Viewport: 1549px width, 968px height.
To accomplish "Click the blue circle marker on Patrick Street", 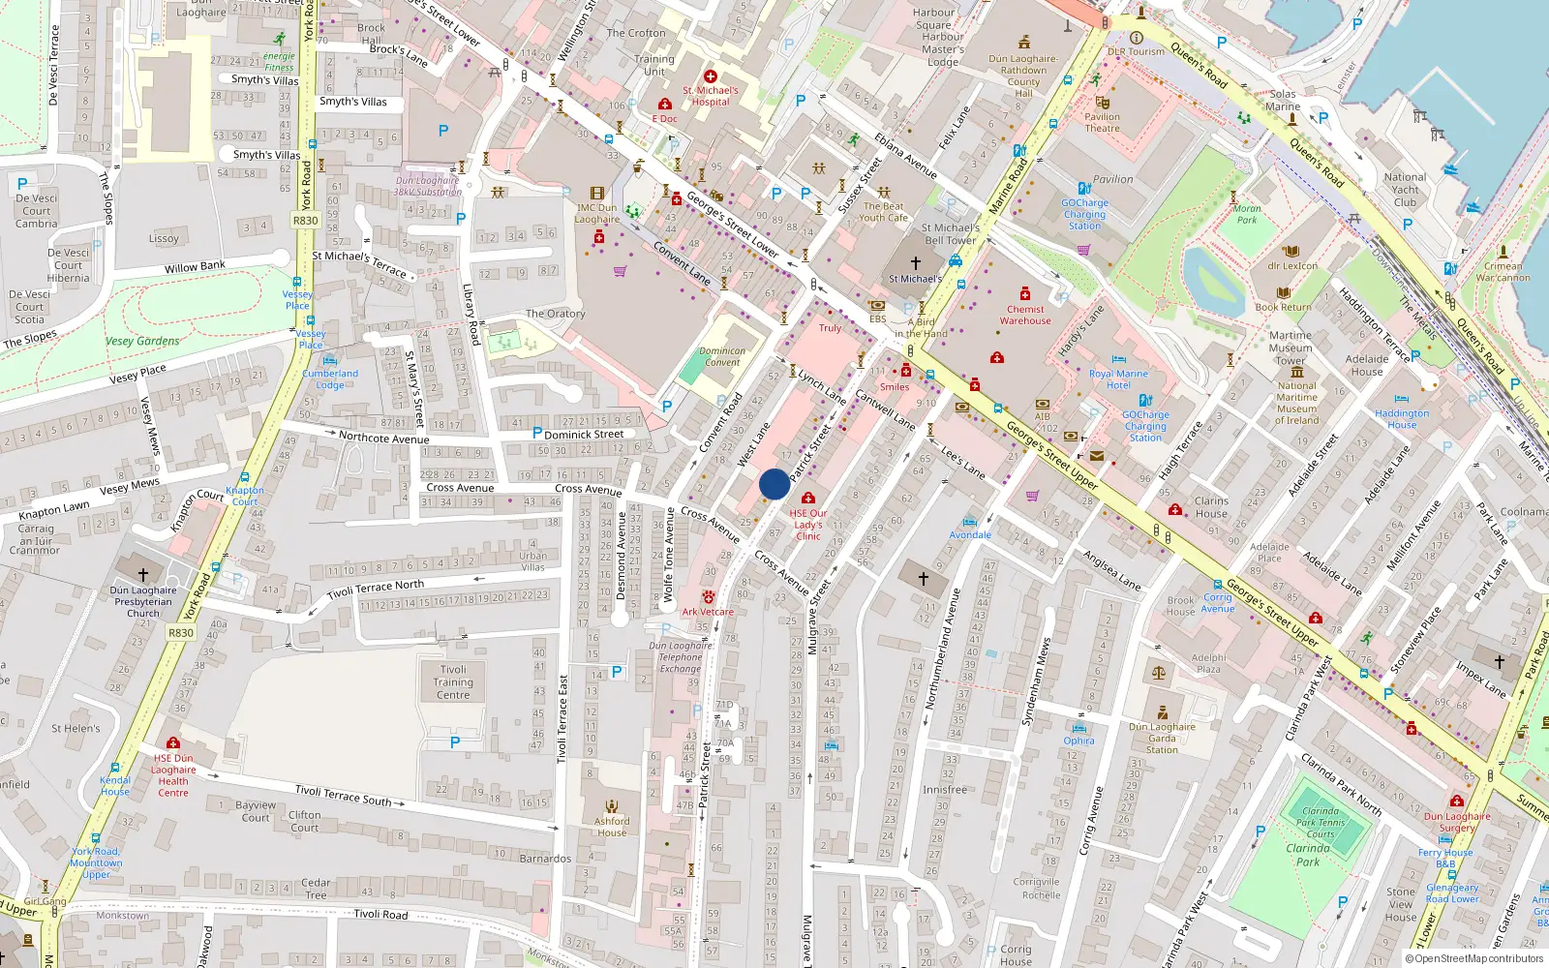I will [x=774, y=484].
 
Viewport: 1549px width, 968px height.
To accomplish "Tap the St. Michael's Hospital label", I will [x=711, y=96].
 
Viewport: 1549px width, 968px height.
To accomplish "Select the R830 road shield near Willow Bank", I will [x=305, y=221].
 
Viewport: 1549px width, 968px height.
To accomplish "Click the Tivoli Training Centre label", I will [x=453, y=681].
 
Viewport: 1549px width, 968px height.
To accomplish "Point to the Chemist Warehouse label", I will [x=1025, y=315].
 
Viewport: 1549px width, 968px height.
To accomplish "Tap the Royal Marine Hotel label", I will [x=1118, y=378].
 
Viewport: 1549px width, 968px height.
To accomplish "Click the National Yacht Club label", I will [x=1405, y=190].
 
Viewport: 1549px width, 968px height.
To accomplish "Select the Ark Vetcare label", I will [x=708, y=612].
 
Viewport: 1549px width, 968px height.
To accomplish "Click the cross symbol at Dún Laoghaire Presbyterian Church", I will [x=143, y=574].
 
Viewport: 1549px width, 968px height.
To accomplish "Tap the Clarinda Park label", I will [x=1308, y=855].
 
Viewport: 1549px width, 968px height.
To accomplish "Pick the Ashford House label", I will [x=612, y=827].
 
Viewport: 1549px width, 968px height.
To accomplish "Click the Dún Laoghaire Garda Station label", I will [x=1162, y=738].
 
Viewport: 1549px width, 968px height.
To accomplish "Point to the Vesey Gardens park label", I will [x=142, y=341].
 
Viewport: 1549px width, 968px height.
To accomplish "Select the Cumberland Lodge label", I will [x=330, y=378].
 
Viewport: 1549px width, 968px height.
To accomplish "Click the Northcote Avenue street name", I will [x=383, y=438].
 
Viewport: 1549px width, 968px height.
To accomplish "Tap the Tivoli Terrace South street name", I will [x=343, y=796].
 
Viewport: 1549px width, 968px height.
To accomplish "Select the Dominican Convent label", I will [x=722, y=357].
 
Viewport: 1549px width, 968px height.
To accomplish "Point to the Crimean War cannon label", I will [x=1503, y=272].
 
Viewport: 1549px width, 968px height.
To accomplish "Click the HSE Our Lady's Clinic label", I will [x=808, y=525].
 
